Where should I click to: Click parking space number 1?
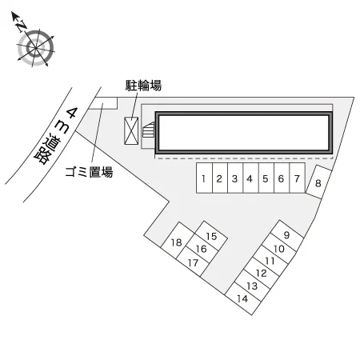(x=205, y=178)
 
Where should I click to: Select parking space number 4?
(x=250, y=178)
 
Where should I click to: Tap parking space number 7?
(x=297, y=178)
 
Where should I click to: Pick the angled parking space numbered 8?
(x=318, y=182)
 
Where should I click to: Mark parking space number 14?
(x=243, y=298)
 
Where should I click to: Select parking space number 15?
(x=211, y=235)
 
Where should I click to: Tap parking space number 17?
(x=193, y=262)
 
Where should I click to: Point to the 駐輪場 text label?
(x=143, y=86)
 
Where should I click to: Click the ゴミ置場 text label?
(x=89, y=171)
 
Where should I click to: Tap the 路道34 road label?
(x=55, y=136)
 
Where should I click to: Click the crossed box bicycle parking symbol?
(x=131, y=131)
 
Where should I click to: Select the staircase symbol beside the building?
(x=149, y=130)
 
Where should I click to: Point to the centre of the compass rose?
(x=35, y=48)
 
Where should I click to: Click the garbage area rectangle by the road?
(x=103, y=103)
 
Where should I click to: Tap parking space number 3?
(x=235, y=178)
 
